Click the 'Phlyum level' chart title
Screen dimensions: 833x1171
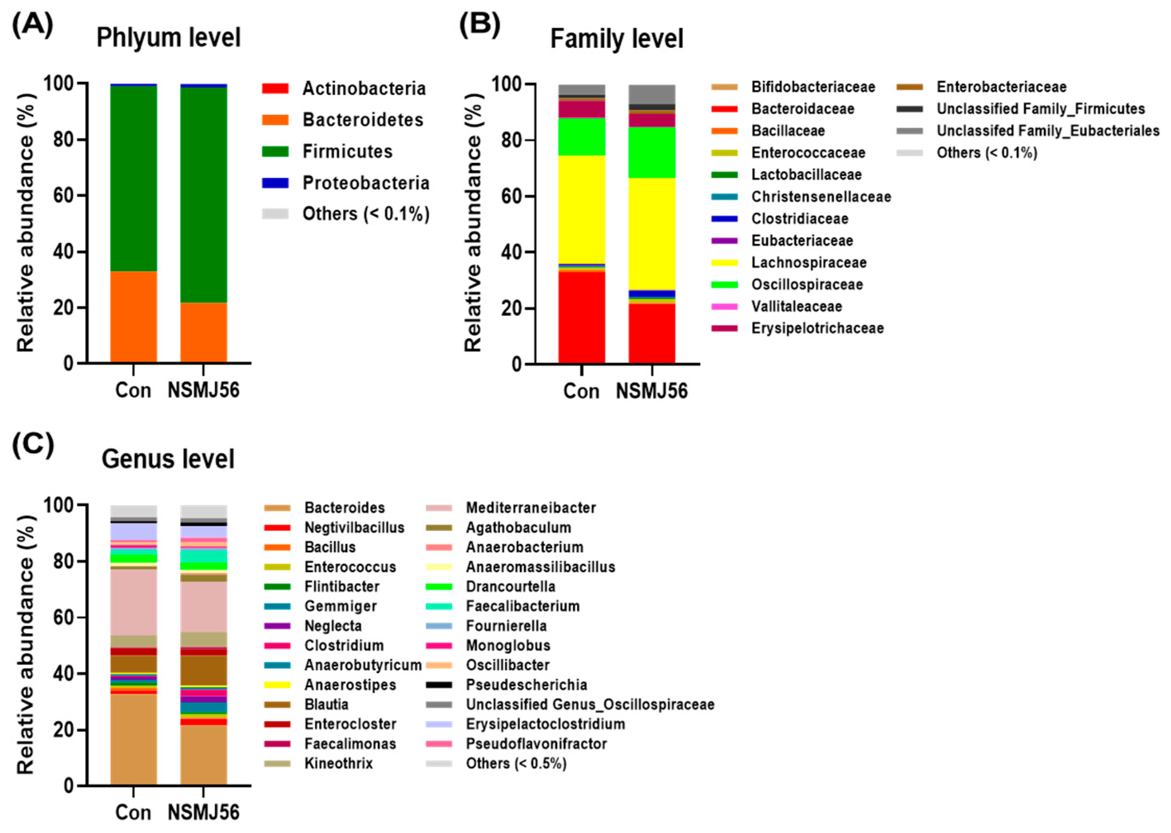pos(168,38)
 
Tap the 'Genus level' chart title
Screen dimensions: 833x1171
pos(168,458)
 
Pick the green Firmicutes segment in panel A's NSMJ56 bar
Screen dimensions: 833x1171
pos(204,195)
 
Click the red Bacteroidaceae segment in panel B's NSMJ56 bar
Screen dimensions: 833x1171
pos(652,333)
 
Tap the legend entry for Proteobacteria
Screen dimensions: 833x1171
pos(366,183)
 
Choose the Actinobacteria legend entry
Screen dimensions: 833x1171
pos(364,88)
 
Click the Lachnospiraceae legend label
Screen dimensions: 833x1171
pos(809,263)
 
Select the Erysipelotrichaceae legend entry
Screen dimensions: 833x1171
pos(817,328)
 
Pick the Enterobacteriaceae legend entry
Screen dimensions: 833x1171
pos(1001,87)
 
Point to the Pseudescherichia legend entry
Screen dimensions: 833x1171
pos(526,685)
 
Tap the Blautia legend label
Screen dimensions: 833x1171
pos(326,704)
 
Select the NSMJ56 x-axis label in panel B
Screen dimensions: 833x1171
pos(652,391)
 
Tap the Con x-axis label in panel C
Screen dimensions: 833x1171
pos(133,812)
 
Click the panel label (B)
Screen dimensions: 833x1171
pos(479,25)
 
